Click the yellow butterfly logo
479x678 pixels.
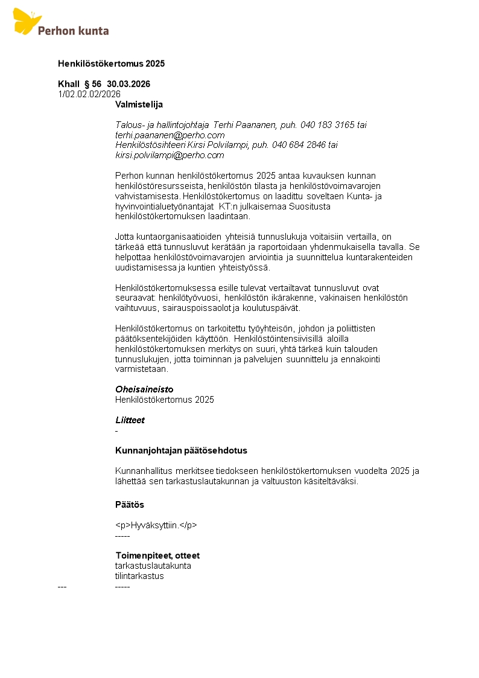(x=27, y=21)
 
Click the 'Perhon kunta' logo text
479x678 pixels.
(x=73, y=30)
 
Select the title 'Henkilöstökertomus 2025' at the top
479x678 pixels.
(x=111, y=63)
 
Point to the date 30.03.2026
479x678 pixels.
(x=128, y=84)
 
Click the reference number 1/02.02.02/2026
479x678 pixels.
(x=89, y=94)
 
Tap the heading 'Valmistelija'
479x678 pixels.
(x=139, y=104)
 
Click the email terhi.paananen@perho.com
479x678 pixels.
(x=170, y=135)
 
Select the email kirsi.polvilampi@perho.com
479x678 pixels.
(x=170, y=155)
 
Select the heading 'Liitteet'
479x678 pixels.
(x=130, y=420)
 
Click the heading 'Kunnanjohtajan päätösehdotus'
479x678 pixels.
(x=181, y=450)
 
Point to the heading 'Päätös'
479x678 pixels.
(x=130, y=505)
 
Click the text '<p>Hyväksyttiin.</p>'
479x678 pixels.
(x=156, y=525)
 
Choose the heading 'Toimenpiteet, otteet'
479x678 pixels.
(x=157, y=555)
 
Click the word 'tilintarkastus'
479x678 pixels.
(x=139, y=576)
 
